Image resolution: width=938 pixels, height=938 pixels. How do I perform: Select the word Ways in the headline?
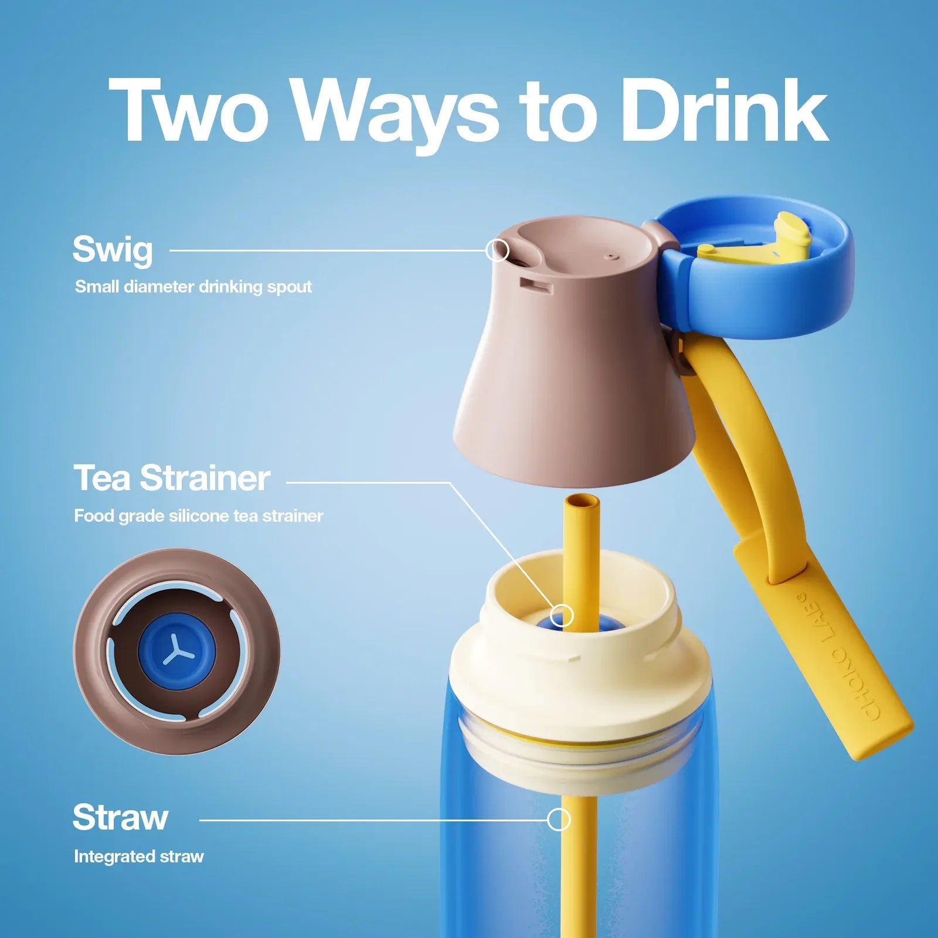[x=396, y=116]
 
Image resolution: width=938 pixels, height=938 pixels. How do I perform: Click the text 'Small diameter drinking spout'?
[x=193, y=287]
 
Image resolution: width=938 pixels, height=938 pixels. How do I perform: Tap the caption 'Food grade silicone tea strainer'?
[x=199, y=516]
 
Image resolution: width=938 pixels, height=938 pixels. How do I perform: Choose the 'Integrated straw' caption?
[x=139, y=857]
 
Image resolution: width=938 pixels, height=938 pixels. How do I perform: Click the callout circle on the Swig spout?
[x=497, y=250]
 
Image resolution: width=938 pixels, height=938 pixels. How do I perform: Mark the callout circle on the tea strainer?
[x=562, y=616]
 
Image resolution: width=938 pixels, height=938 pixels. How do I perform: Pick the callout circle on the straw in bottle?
[x=559, y=820]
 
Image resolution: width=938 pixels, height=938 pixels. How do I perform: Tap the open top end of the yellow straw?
[x=582, y=501]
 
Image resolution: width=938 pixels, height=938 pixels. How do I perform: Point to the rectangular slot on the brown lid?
[x=536, y=286]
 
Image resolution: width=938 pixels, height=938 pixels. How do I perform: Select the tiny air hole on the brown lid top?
[x=611, y=256]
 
